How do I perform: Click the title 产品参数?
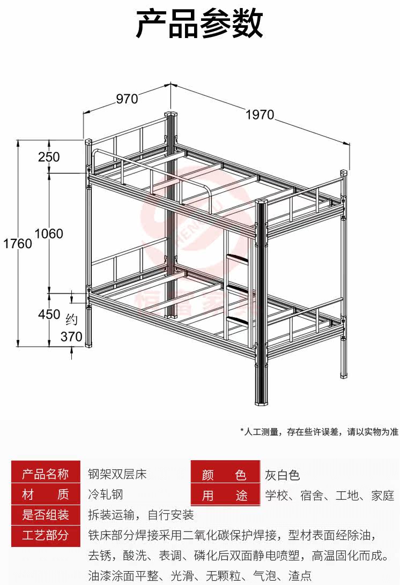tap(199, 24)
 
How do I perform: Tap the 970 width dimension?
tap(127, 99)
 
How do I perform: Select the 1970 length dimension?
tap(260, 115)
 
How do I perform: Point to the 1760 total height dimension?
tap(17, 243)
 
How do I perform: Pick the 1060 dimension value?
tap(49, 234)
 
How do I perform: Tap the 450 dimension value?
tap(49, 314)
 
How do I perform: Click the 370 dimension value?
tap(71, 337)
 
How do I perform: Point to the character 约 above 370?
tap(71, 320)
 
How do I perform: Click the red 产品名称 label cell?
tap(46, 474)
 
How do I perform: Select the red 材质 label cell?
tap(46, 494)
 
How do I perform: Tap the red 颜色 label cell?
tap(224, 475)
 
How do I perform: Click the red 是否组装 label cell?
tap(46, 515)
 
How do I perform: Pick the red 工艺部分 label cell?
tap(46, 535)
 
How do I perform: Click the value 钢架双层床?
tap(117, 474)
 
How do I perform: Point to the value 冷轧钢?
tap(105, 494)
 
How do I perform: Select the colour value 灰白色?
tap(283, 475)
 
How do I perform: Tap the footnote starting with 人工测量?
tap(319, 432)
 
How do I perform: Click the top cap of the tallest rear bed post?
tap(171, 114)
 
